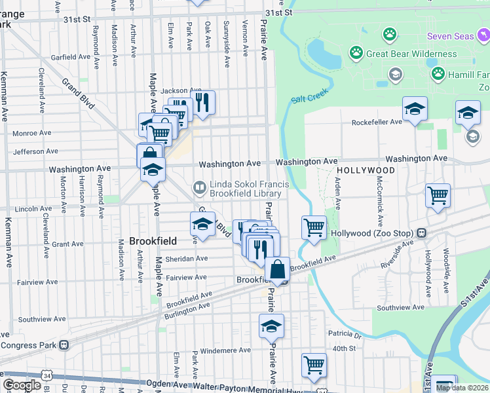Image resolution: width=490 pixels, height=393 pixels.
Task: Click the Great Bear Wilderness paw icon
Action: coord(356,53)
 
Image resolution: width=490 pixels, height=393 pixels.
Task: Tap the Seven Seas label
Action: coord(450,35)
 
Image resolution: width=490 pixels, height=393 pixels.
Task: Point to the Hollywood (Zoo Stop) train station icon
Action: coord(423,233)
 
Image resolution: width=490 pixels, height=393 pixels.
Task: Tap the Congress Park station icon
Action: coord(64,345)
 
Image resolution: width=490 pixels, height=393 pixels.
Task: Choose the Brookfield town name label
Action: coord(151,240)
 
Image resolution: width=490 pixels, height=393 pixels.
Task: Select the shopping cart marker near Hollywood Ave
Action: coord(437,195)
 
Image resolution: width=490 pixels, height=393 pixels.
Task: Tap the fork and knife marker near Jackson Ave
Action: coord(202,102)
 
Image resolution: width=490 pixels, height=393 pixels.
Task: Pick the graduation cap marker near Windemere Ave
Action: coord(271,326)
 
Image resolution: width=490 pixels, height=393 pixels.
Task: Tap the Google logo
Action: coord(22,384)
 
